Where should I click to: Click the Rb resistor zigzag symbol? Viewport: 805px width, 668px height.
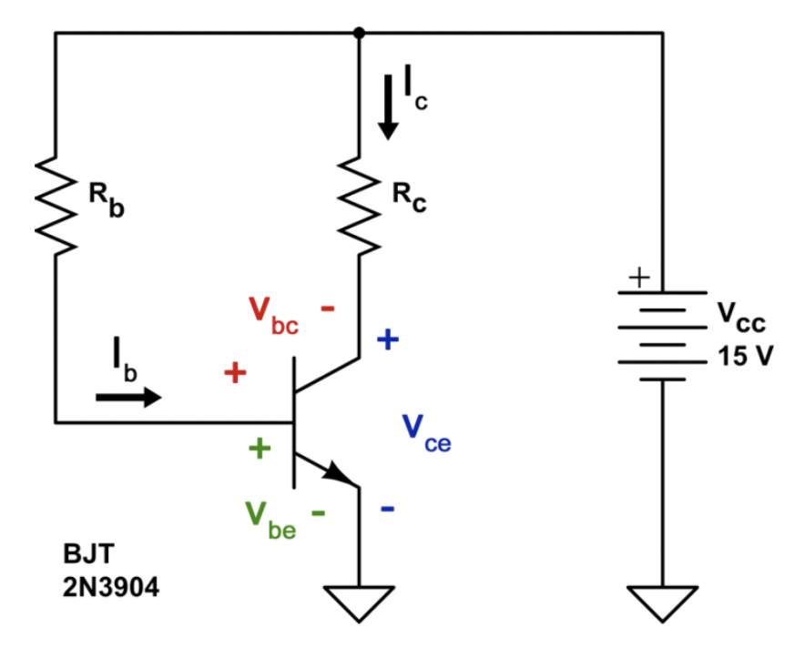click(x=55, y=206)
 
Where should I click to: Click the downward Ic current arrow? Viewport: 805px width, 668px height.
click(x=389, y=107)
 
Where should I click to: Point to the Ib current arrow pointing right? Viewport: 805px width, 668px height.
click(x=128, y=397)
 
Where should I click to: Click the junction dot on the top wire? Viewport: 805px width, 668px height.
click(x=359, y=33)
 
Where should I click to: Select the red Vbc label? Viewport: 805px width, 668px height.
click(x=273, y=315)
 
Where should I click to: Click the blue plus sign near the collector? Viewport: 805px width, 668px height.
click(x=388, y=340)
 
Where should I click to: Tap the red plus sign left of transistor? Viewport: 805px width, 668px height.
click(x=235, y=372)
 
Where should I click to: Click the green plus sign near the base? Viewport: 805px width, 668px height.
click(x=260, y=448)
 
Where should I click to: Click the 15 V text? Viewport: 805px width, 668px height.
click(x=744, y=355)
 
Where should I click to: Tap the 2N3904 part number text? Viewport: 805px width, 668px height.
click(x=110, y=588)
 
